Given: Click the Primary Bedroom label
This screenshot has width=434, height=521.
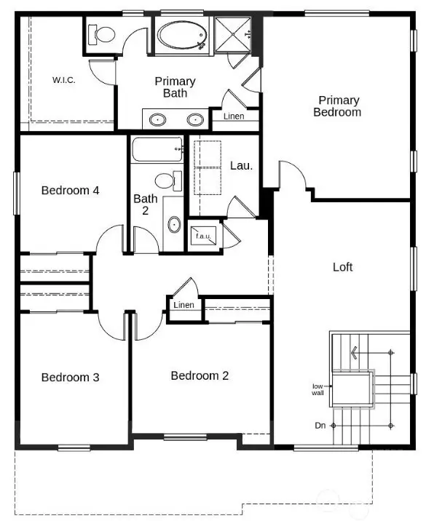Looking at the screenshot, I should point(337,106).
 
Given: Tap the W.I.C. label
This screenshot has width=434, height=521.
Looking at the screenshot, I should point(64,79).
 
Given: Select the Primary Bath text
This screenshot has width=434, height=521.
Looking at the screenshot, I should point(175,87).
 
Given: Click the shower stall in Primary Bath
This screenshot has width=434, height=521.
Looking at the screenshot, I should point(231,33).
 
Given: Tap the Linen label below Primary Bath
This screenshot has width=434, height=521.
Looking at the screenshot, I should point(234,116).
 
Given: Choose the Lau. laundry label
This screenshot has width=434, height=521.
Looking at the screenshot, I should point(241,165).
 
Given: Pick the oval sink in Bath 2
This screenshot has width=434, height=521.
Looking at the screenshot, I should point(174,224).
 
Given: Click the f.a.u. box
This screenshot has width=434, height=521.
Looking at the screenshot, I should point(203,235).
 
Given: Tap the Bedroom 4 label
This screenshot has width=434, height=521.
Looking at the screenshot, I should point(70,191).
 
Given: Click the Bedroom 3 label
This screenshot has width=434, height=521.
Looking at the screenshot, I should point(70,377).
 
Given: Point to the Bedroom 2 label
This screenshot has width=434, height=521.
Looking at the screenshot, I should point(200,375).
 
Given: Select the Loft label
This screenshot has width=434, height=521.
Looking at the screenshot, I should point(342,267).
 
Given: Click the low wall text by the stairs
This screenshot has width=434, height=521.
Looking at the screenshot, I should point(318,389).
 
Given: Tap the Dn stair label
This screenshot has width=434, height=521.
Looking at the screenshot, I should point(320,425).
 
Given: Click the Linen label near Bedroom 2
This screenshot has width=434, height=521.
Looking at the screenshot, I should point(184,305).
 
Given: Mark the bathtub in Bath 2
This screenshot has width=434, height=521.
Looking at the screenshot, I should point(156,150).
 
